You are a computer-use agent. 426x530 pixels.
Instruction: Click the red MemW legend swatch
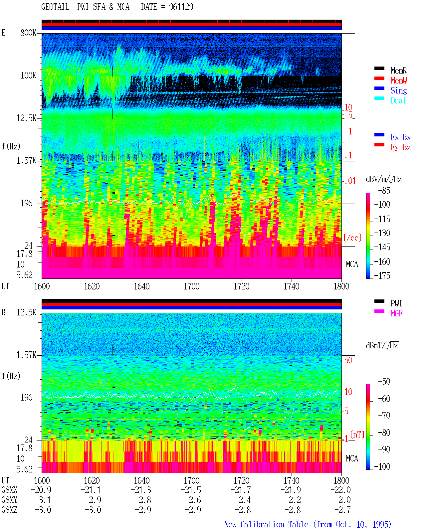(x=379, y=78)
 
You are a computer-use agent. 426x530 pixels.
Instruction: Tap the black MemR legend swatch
(x=379, y=69)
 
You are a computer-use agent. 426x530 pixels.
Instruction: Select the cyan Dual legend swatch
(x=379, y=98)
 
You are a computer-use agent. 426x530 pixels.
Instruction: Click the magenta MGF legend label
(x=396, y=313)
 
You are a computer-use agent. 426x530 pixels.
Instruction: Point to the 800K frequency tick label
(x=28, y=33)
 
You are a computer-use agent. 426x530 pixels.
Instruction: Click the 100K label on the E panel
(x=28, y=76)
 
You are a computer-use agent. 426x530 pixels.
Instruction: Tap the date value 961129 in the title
(x=181, y=7)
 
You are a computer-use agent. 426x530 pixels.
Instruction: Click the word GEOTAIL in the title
(x=55, y=7)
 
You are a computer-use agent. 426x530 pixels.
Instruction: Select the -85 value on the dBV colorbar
(x=384, y=191)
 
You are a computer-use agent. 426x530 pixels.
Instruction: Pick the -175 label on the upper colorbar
(x=382, y=275)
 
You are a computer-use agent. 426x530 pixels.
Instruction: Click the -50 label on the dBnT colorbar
(x=384, y=382)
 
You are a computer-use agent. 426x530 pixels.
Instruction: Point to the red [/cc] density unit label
(x=352, y=238)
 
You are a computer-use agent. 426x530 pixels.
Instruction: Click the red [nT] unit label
(x=357, y=435)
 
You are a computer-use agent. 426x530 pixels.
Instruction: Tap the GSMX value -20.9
(x=41, y=490)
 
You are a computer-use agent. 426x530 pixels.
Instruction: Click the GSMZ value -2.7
(x=343, y=510)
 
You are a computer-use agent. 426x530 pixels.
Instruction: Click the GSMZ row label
(x=9, y=510)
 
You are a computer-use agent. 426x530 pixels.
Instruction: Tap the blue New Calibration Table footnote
(x=308, y=525)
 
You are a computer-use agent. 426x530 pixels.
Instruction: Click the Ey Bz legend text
(x=401, y=147)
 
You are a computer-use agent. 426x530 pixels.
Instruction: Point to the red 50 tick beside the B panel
(x=348, y=360)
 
